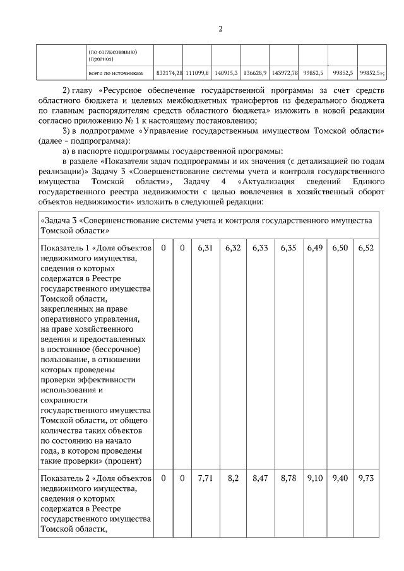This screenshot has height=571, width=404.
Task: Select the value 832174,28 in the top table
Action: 169,73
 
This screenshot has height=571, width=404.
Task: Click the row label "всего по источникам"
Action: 121,73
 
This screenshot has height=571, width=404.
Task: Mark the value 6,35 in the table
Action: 288,248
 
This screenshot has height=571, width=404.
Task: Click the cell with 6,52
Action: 365,248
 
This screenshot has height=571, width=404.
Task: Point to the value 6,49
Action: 314,248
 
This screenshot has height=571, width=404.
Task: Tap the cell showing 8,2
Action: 233,479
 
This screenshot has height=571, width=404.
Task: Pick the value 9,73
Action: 365,479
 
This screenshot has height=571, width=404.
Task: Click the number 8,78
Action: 288,479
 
